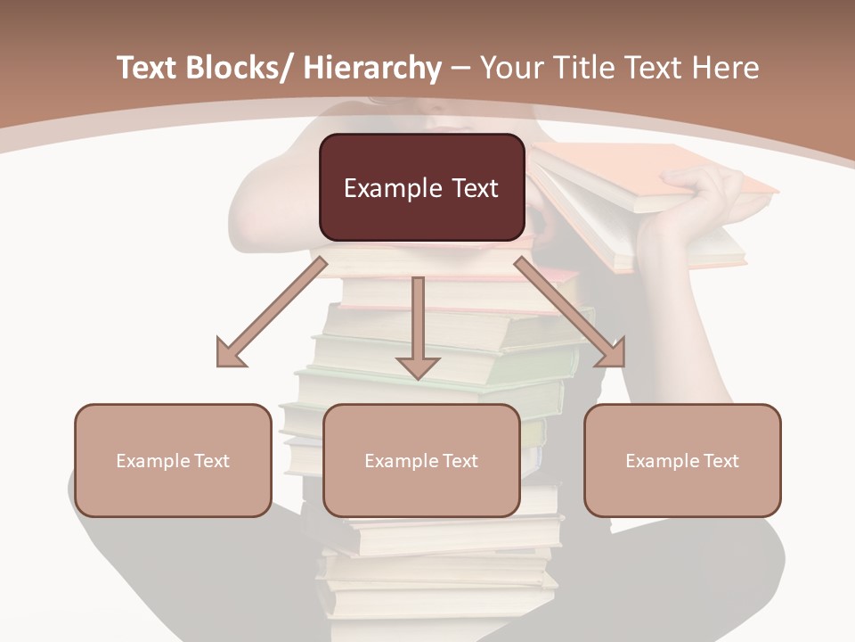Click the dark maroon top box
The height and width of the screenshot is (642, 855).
click(x=421, y=187)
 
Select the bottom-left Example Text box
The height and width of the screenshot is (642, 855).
click(x=173, y=460)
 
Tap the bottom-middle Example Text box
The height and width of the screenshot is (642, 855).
click(x=421, y=460)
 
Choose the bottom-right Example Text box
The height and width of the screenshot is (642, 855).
click(x=682, y=460)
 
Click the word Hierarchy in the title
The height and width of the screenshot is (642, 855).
click(x=372, y=69)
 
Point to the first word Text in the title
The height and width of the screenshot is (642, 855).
click(x=149, y=69)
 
